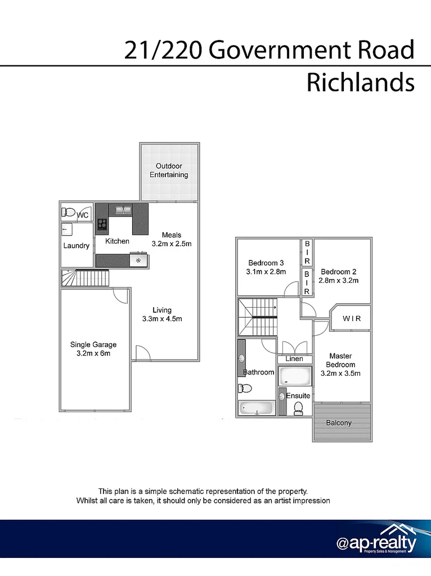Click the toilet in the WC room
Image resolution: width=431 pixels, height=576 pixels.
click(69, 213)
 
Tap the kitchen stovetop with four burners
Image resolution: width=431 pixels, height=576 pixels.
click(102, 224)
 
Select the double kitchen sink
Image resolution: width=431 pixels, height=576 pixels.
click(123, 210)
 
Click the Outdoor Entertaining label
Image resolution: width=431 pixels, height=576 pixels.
click(169, 170)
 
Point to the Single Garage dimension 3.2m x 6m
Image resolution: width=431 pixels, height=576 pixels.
click(93, 354)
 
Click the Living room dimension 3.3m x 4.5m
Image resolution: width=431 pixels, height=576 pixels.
click(162, 319)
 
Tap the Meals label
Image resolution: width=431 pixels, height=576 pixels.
click(172, 235)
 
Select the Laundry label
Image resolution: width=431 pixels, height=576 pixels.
click(76, 246)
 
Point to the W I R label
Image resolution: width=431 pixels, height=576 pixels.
click(352, 319)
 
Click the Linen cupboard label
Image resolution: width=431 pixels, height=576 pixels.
click(294, 359)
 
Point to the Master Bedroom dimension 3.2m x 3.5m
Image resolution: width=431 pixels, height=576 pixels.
click(340, 373)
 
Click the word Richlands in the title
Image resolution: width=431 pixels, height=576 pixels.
click(360, 82)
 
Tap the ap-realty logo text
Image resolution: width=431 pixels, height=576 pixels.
click(376, 544)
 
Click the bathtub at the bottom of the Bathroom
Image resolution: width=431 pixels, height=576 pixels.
click(256, 408)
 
